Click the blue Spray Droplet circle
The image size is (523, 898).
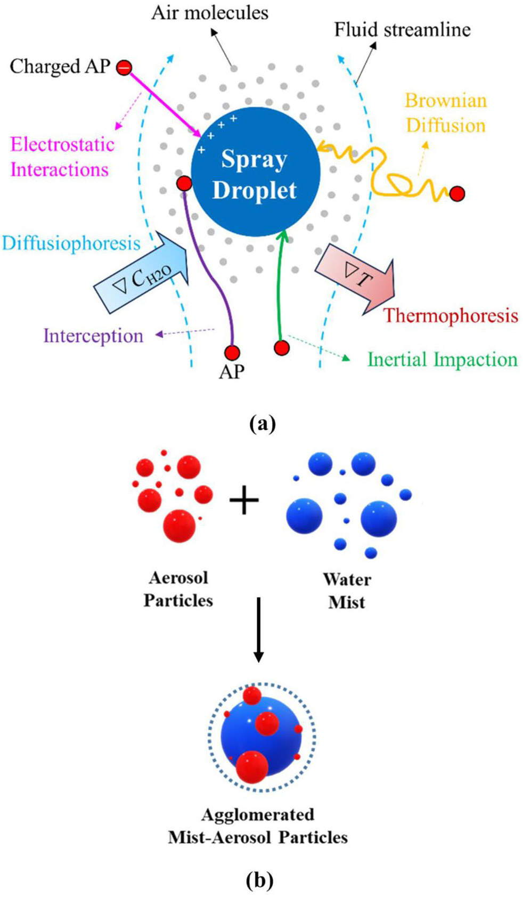coord(256,172)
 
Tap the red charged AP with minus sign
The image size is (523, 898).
coord(124,68)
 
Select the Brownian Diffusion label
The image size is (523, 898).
coord(446,113)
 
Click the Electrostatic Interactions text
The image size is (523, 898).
coord(62,157)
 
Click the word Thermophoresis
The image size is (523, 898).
coord(451,315)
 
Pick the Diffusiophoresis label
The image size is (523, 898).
coord(71,243)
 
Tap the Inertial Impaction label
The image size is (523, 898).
coord(442,360)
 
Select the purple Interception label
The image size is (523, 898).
coord(93,336)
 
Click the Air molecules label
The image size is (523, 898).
coord(210,13)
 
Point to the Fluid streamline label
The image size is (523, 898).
coord(402,30)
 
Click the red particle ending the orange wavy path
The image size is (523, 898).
coord(457,194)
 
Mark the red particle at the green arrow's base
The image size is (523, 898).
coord(282,348)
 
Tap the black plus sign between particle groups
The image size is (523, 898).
coord(244,500)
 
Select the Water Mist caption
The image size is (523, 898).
coord(347,591)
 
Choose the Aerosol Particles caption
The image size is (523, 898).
coord(178,589)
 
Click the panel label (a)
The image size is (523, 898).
coord(262,424)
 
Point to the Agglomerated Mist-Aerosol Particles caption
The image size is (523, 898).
coord(258,826)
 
